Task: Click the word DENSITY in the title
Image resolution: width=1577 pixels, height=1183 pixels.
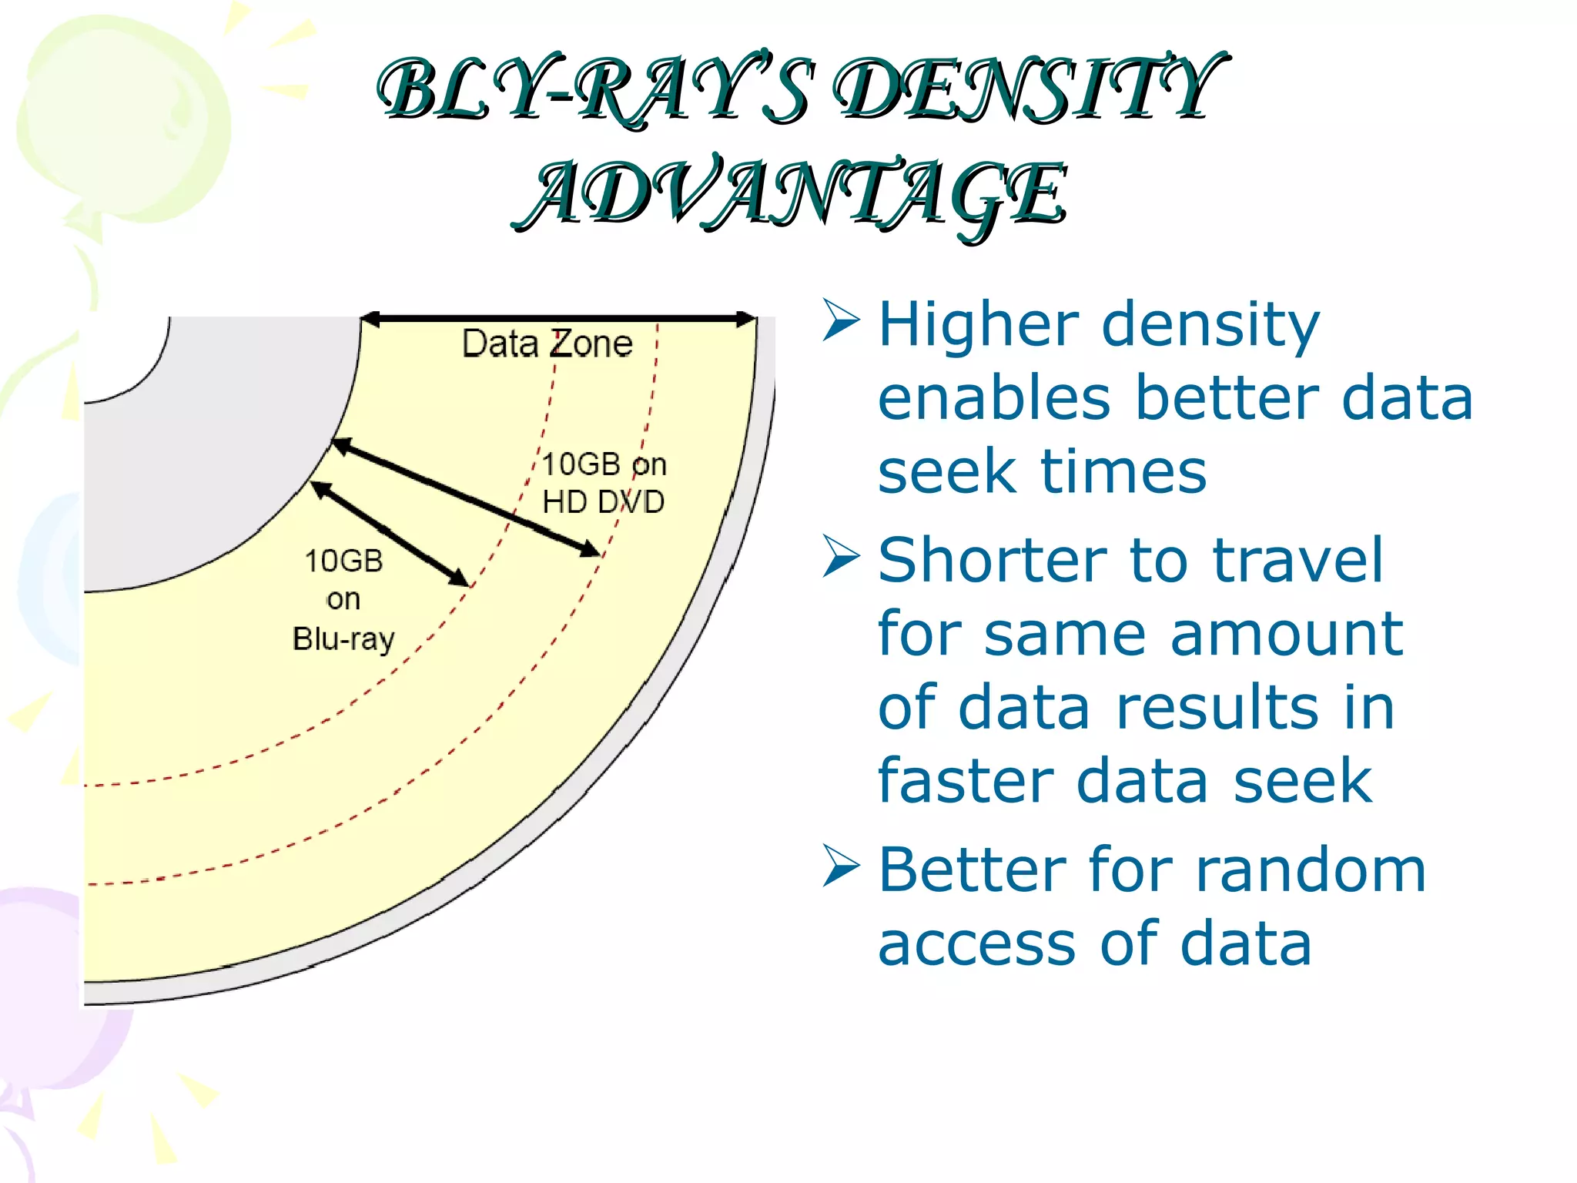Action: (1028, 91)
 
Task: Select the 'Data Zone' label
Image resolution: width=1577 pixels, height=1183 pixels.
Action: (547, 344)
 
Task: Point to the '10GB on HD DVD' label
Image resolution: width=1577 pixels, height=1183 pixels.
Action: (604, 483)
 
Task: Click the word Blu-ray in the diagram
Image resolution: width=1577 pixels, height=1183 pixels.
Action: (343, 639)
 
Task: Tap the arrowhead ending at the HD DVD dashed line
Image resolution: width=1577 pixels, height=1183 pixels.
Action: (590, 549)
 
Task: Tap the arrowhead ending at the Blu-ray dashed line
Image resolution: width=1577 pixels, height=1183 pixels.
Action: (459, 578)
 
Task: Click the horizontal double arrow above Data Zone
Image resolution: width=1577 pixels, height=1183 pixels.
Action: (558, 318)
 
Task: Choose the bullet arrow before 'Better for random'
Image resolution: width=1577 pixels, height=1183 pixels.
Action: (840, 866)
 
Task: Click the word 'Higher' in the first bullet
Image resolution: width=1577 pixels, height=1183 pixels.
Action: (978, 325)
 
